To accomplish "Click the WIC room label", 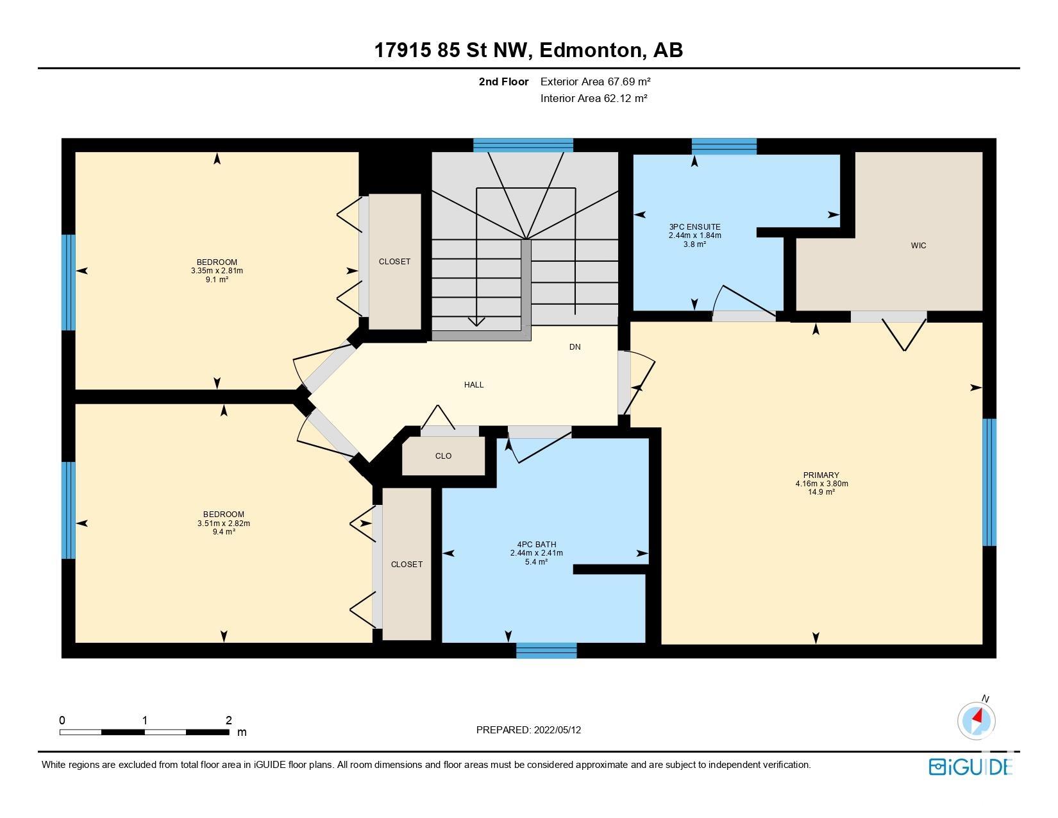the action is point(918,246).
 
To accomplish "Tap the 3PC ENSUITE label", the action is point(695,227).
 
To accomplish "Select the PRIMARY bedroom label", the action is point(821,475).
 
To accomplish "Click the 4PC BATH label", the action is point(537,545).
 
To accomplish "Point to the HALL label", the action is point(474,385).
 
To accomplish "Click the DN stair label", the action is point(575,347).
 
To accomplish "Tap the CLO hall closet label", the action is point(443,456).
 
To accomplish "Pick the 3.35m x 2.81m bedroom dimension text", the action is point(217,271).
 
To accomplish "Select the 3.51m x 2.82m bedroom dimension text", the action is point(224,524).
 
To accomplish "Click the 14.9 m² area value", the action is point(821,492).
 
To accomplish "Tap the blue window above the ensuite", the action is point(724,146).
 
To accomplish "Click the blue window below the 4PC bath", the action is point(546,651).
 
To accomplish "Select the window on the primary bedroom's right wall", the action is point(989,482).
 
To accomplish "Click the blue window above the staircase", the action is point(523,145).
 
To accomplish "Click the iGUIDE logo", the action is point(970,767).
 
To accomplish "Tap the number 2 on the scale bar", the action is point(228,720).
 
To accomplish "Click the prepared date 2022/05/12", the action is point(557,730).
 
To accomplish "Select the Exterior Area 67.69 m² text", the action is point(596,81).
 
